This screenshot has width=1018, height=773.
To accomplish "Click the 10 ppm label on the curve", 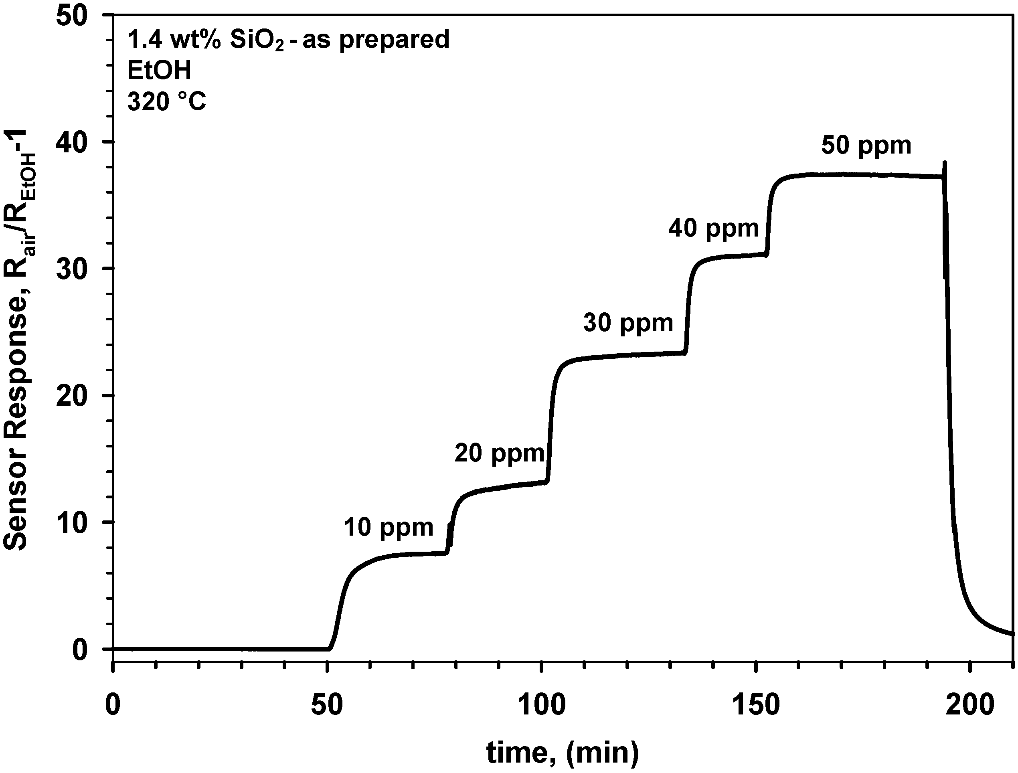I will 389,527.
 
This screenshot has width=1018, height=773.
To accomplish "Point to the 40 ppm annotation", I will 713,228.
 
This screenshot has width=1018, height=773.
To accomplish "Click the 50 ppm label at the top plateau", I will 866,146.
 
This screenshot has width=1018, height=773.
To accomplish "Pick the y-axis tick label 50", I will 71,16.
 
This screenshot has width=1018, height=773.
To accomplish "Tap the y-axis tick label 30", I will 71,269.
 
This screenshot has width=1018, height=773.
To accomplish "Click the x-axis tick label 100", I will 542,704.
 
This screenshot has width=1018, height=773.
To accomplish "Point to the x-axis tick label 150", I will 756,704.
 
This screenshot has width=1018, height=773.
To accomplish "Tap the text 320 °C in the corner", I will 167,102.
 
